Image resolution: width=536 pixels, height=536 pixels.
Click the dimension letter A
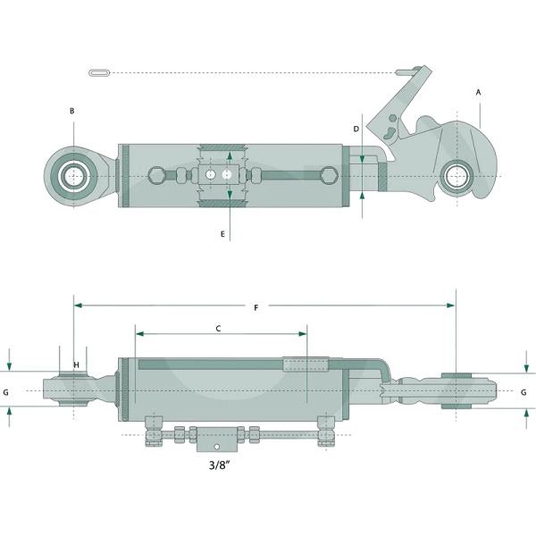(478, 92)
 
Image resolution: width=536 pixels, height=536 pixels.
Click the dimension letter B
(71, 111)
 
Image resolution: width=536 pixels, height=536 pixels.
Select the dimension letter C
(219, 329)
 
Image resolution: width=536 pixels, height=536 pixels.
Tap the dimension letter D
(356, 129)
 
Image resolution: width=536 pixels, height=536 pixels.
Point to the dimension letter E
(222, 234)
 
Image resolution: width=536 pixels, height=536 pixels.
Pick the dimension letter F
(256, 308)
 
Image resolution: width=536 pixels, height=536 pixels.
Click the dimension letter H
(76, 365)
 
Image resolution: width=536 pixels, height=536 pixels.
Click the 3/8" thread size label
(219, 465)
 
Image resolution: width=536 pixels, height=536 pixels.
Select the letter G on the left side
(6, 392)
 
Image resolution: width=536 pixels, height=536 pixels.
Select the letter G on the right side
(523, 392)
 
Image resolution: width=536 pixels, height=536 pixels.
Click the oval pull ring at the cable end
(99, 73)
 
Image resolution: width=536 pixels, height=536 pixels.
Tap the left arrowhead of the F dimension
(79, 306)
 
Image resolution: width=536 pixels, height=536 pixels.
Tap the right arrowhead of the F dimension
(451, 306)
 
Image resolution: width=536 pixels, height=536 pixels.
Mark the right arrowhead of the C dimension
(303, 333)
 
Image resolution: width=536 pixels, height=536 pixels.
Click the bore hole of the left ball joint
(73, 176)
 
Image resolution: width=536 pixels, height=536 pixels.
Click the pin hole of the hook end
(457, 176)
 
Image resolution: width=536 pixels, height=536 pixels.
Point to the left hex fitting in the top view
(157, 175)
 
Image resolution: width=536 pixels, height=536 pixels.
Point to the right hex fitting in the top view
(329, 175)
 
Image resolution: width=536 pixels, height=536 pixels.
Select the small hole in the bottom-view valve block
(216, 447)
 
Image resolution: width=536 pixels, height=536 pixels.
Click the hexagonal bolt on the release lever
(393, 118)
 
